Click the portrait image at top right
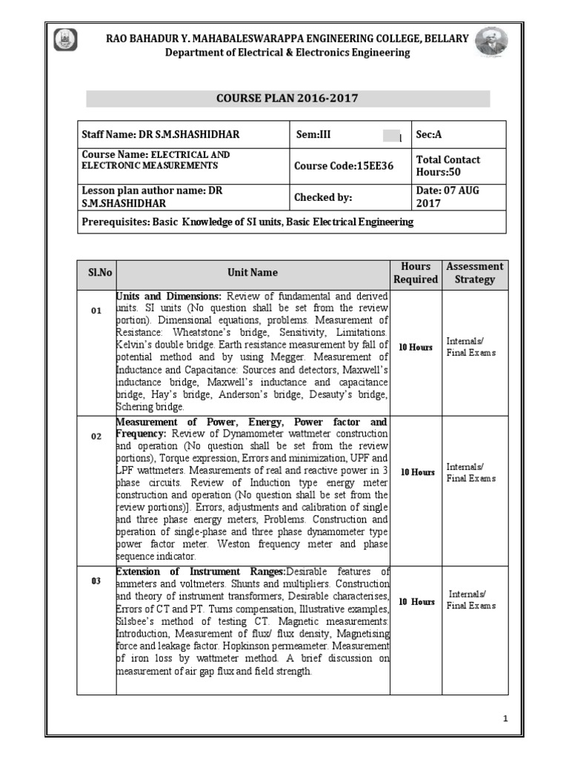point(491,44)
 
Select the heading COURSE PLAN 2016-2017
point(288,99)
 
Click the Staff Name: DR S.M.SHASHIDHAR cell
point(161,135)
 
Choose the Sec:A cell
point(429,135)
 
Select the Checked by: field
point(323,197)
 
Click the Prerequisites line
point(247,222)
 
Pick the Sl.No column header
point(96,273)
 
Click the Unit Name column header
point(253,273)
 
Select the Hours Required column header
point(416,273)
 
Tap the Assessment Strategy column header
point(475,273)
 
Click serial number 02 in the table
point(96,437)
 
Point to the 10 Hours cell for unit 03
point(416,602)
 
